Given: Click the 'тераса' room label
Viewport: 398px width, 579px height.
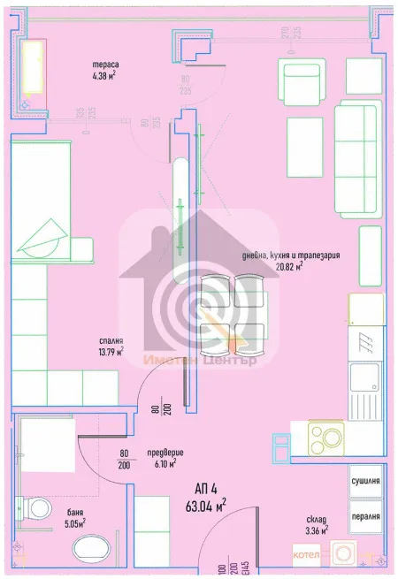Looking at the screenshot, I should [x=105, y=65].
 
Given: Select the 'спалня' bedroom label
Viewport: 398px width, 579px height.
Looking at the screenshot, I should [x=111, y=339].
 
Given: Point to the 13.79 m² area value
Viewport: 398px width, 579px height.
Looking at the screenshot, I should [x=111, y=351].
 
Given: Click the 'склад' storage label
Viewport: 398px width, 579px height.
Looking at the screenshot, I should [x=316, y=519].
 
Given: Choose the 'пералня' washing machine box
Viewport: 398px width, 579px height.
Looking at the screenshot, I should [x=364, y=515].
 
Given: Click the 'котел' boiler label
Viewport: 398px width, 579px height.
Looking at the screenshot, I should [x=307, y=554].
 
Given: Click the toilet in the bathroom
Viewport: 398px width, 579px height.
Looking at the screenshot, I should [x=36, y=510].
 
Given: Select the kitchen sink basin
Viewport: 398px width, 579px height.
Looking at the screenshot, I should [x=364, y=378].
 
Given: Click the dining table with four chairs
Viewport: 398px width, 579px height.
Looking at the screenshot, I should [x=233, y=310].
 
